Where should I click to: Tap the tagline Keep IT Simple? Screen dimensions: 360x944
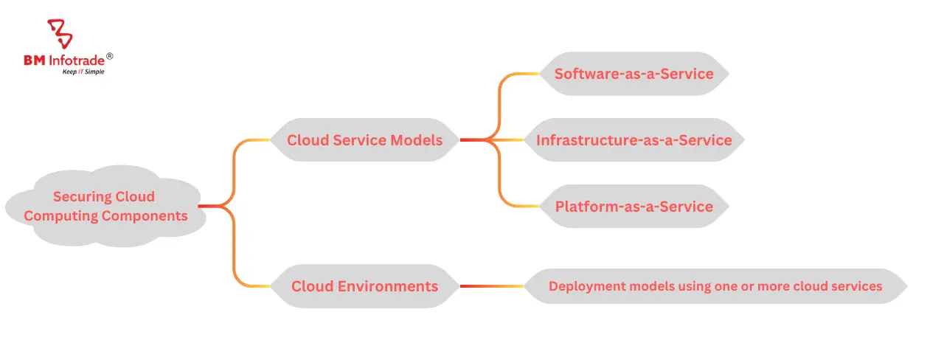point(82,72)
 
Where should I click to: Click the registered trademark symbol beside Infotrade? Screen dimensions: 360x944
point(110,56)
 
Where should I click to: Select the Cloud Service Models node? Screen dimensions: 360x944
point(364,139)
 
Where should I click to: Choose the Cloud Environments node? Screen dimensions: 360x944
point(364,286)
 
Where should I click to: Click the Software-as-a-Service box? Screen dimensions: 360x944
point(634,74)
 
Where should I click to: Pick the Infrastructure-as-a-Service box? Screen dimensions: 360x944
point(634,139)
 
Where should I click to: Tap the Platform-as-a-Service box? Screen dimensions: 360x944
point(634,206)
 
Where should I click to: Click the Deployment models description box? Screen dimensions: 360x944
point(715,286)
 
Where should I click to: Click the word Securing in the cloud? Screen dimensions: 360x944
point(82,197)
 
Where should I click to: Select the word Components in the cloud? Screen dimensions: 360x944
point(145,216)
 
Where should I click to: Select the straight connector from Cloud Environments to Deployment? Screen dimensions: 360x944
point(491,286)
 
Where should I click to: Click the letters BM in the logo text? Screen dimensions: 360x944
point(34,59)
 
